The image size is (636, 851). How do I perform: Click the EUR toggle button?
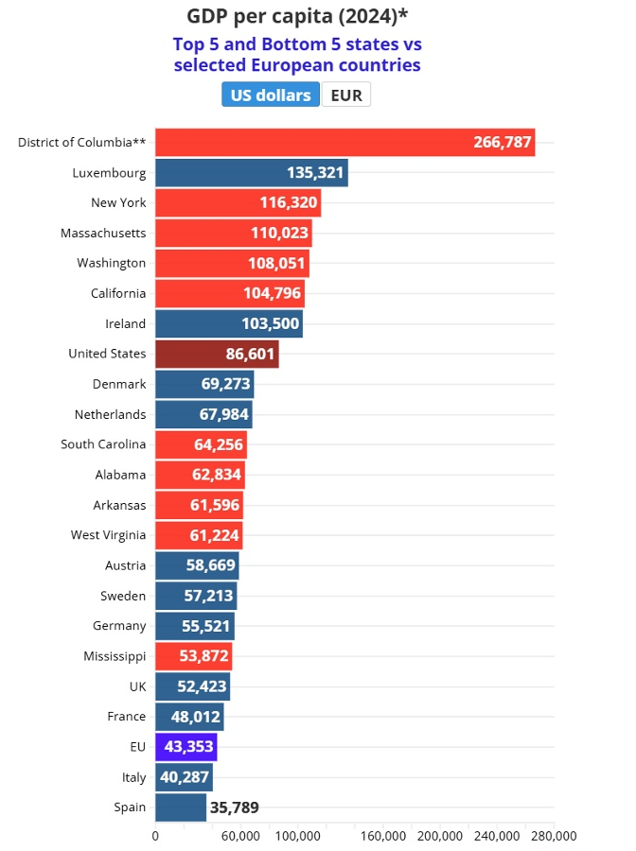pos(346,95)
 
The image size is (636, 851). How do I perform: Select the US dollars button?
pos(271,95)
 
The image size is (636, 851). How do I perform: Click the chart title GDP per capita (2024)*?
pos(297,16)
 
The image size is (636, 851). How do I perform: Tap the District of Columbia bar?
pos(344,142)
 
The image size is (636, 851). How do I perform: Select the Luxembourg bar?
pos(252,173)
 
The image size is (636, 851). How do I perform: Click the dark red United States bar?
pos(217,354)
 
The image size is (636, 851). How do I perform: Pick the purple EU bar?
pos(185,747)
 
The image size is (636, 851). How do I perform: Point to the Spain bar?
pos(181,808)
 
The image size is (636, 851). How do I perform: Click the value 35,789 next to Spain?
pos(234,808)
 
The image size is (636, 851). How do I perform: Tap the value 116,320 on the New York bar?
pos(289,202)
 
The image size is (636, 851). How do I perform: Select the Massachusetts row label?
pos(103,234)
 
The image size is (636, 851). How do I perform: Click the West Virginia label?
pos(108,536)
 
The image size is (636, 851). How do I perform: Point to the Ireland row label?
pos(126,324)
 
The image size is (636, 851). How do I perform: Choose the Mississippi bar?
pos(193,656)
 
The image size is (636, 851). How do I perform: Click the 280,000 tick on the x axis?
pos(554,836)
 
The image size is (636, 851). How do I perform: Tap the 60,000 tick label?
pos(240,836)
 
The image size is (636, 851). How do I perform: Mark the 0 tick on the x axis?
pos(155,836)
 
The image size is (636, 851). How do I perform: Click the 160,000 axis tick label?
pos(383,836)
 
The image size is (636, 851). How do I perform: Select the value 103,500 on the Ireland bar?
pos(271,323)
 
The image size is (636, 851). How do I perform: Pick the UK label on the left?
pos(138,686)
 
